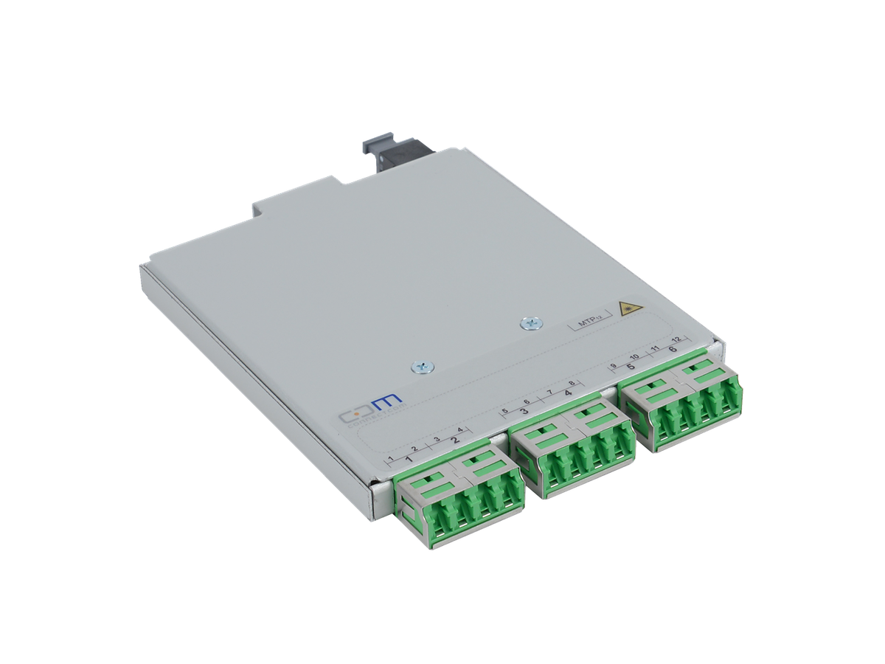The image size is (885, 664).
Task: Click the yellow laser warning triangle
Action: coord(628,308)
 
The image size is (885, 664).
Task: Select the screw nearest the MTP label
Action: coord(528,322)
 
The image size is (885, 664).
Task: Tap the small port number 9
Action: coord(614,367)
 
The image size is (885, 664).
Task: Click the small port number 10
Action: coord(634,358)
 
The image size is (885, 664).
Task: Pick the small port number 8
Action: coord(571,384)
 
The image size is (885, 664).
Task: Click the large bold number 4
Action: coord(567,394)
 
